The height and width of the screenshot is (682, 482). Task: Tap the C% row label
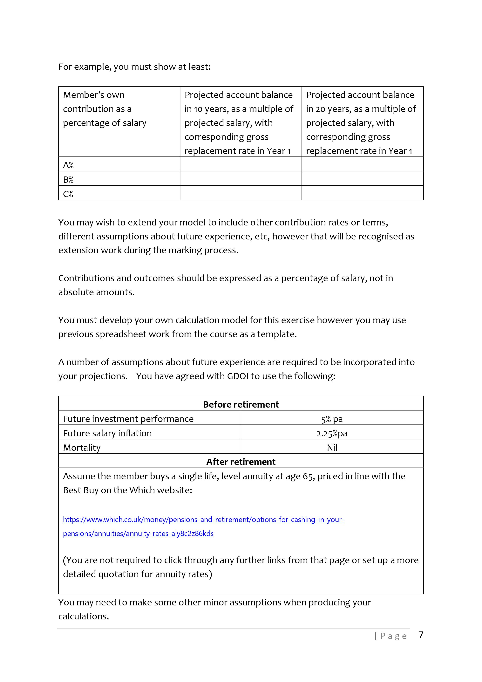coord(68,194)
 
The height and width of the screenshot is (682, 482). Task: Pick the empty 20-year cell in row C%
coord(362,193)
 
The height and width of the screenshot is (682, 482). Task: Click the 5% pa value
coord(332,419)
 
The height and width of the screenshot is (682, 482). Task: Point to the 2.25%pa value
coord(332,433)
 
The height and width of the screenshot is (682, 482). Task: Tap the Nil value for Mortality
coord(332,448)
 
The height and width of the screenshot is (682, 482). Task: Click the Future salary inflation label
coord(107,433)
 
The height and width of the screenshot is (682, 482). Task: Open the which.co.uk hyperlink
coord(203,520)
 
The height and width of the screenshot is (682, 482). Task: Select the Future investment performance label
coord(128,419)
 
